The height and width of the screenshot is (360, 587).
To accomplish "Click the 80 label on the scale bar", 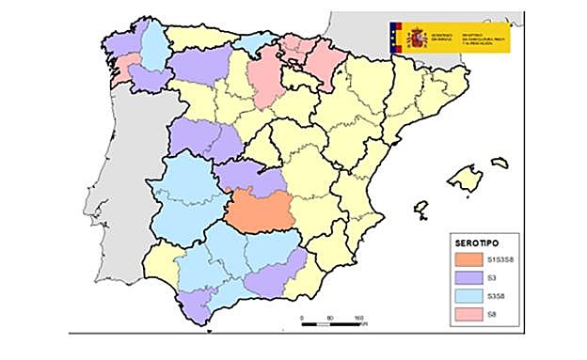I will (x=329, y=320).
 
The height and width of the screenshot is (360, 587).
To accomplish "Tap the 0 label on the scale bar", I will (x=301, y=320).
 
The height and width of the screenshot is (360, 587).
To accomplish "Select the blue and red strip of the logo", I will (x=392, y=37).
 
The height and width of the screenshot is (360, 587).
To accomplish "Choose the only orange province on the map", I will (x=259, y=211).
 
